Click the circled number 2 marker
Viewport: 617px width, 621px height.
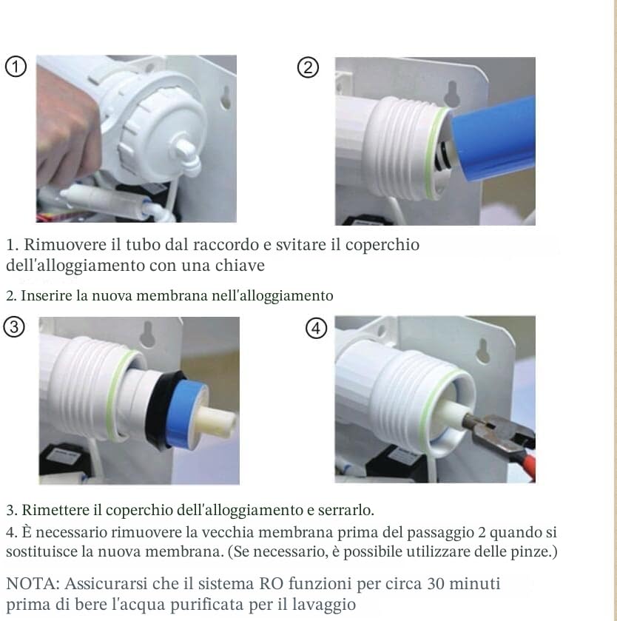point(308,68)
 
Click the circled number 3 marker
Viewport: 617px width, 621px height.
point(11,326)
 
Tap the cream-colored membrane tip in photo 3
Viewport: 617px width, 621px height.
point(218,423)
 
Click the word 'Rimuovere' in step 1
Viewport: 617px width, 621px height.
point(58,244)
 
